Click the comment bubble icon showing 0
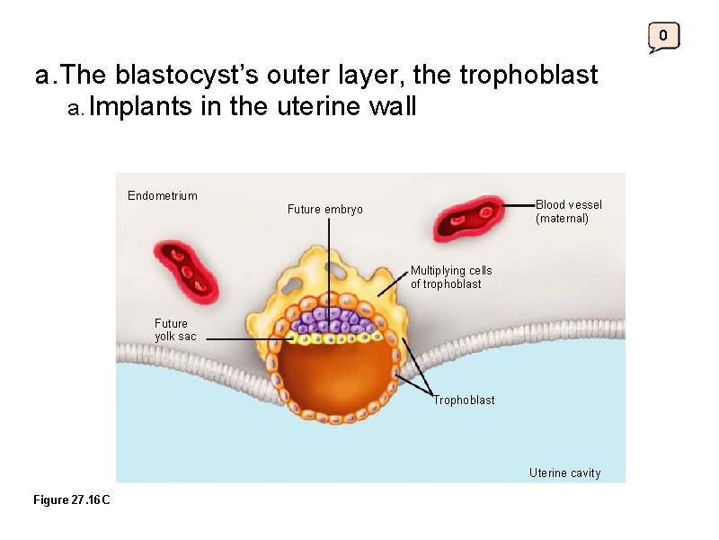pyautogui.click(x=663, y=37)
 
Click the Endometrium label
pyautogui.click(x=163, y=195)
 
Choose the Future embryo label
pyautogui.click(x=325, y=210)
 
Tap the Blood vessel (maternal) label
pyautogui.click(x=568, y=211)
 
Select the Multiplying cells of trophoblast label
pyautogui.click(x=451, y=277)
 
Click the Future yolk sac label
pyautogui.click(x=174, y=329)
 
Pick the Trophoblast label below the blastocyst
pyautogui.click(x=464, y=400)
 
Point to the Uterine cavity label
pyautogui.click(x=564, y=473)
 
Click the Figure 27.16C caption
pyautogui.click(x=72, y=499)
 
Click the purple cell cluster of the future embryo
pyautogui.click(x=330, y=320)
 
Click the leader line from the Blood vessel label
pyautogui.click(x=519, y=206)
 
